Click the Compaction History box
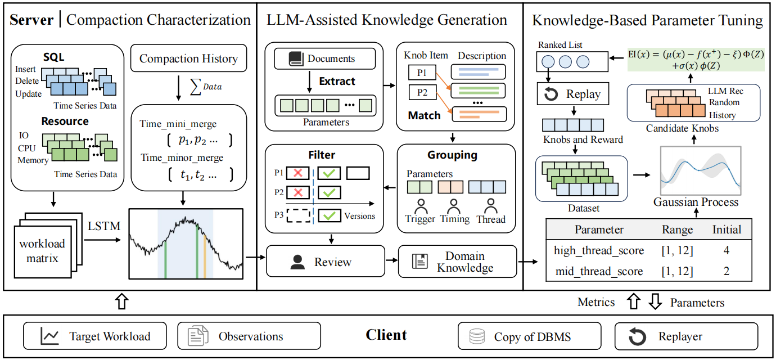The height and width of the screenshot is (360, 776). click(x=188, y=58)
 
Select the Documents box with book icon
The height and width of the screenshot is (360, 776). click(x=325, y=58)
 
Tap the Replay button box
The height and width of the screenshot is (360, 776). click(x=572, y=94)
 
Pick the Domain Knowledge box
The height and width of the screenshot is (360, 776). click(x=457, y=262)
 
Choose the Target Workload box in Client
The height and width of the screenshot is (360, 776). click(x=95, y=336)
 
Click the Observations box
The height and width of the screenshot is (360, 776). click(x=249, y=336)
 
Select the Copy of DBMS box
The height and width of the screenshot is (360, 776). click(x=529, y=336)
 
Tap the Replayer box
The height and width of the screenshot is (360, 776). click(x=685, y=336)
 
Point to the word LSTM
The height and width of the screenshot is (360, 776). click(x=103, y=226)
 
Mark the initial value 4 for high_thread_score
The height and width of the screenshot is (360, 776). click(x=727, y=250)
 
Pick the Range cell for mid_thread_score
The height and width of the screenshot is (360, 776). click(x=677, y=271)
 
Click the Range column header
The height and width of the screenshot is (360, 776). click(x=677, y=229)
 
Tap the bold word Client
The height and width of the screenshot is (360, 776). click(x=386, y=335)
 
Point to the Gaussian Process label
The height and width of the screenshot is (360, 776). click(x=696, y=202)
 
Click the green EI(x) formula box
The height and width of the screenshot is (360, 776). click(x=696, y=59)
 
